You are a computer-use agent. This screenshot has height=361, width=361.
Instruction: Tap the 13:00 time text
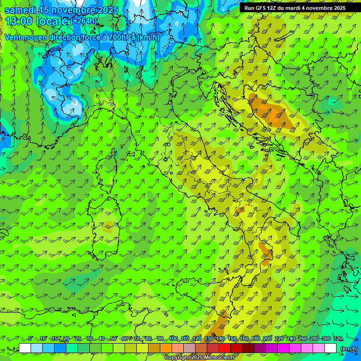point(19,21)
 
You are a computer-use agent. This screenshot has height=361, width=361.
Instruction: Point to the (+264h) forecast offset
point(84,21)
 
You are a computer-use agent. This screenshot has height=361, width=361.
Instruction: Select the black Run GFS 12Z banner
point(295,8)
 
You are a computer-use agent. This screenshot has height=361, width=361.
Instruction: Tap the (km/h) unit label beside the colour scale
point(349,348)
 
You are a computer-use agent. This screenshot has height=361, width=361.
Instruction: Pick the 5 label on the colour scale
point(31,338)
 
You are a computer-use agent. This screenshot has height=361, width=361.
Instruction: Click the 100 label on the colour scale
point(173,338)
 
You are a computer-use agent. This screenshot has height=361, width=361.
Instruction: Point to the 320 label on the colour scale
point(338,338)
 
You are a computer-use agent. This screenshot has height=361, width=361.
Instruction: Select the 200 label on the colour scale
point(267,338)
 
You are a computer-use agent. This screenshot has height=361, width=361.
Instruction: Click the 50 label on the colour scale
point(113,338)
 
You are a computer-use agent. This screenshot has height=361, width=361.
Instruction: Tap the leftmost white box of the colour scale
point(25,348)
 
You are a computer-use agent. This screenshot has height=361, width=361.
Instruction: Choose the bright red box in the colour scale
point(225,348)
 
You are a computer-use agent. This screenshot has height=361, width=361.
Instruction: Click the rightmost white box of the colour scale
point(330,348)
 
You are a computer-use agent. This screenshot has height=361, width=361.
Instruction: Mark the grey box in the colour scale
point(189,348)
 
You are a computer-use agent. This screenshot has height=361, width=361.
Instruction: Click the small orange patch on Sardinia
point(108,229)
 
